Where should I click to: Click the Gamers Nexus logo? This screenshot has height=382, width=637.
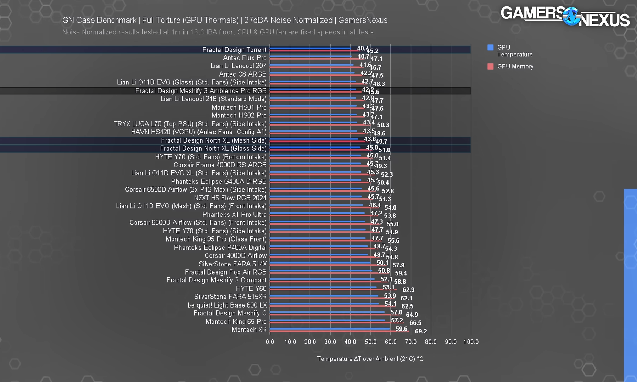565,17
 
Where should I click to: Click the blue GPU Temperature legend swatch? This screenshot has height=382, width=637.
491,48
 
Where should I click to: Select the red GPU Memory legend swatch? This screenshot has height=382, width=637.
491,67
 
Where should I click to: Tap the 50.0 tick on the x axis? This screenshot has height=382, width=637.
371,342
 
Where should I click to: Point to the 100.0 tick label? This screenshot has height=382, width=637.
471,342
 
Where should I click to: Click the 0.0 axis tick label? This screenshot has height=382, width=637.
270,342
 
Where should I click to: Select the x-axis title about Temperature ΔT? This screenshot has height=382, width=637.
370,359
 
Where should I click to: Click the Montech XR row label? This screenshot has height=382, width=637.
249,330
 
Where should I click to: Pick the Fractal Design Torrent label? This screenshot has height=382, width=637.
234,50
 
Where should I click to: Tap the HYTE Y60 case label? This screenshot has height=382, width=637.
251,289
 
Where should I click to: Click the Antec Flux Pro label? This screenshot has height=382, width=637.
245,58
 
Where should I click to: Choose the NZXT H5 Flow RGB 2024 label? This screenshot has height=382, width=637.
230,198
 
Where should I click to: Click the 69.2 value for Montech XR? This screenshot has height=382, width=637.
421,331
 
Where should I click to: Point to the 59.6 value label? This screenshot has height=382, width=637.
401,329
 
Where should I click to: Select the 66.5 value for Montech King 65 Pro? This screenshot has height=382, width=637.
415,323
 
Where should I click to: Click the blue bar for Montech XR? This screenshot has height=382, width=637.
330,329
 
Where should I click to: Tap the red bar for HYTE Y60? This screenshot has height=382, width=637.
333,290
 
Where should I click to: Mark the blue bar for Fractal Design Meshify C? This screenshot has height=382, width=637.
327,312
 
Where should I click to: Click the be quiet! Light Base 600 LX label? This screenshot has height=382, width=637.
227,305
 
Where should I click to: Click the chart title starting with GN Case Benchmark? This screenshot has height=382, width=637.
225,20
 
